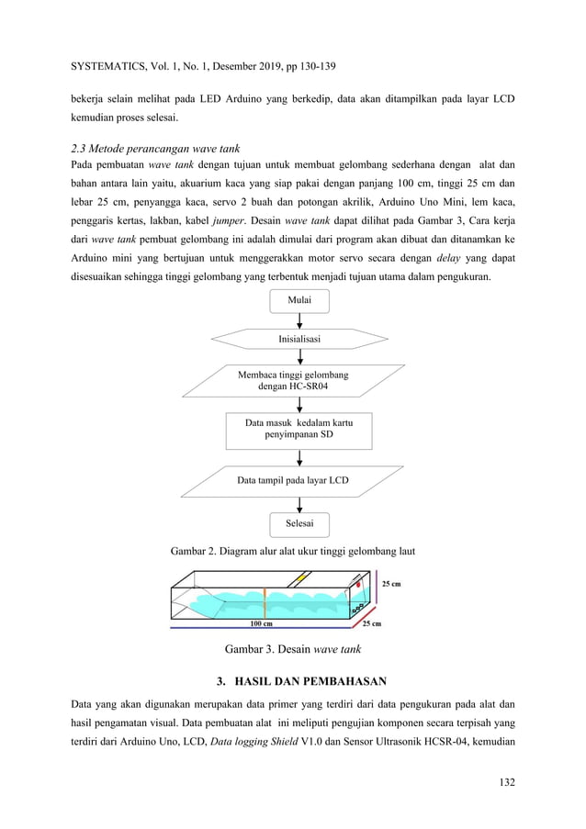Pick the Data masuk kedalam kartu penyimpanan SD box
tap(299, 429)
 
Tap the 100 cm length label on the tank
tap(262, 624)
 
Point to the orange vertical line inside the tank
tap(265, 600)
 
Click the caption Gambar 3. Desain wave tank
tap(292, 649)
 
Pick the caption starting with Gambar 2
tap(292, 551)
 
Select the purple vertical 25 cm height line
tap(375, 592)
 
